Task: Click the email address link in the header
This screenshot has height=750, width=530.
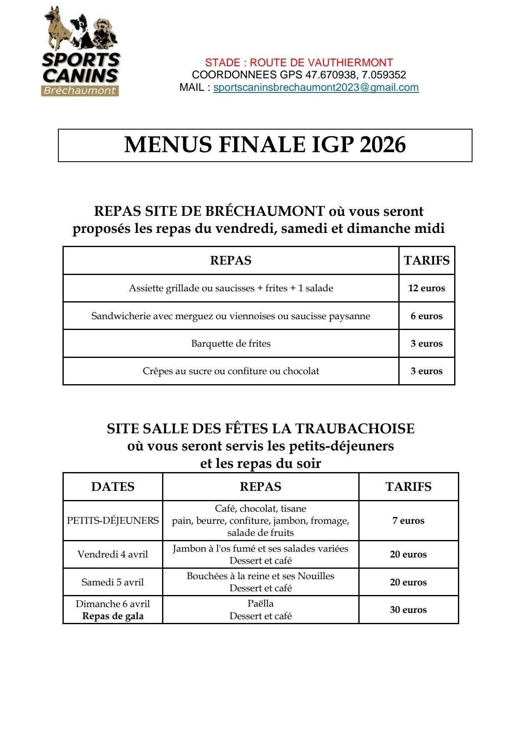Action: [x=316, y=87]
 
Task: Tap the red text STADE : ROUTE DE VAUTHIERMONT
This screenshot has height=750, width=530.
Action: [x=299, y=62]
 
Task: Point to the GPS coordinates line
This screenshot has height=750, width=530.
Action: [x=299, y=75]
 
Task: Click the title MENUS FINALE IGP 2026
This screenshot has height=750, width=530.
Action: [x=265, y=145]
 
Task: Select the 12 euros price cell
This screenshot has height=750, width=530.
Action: [x=426, y=288]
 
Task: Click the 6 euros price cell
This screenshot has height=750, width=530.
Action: [x=426, y=316]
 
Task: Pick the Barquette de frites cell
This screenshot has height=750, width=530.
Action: [x=231, y=343]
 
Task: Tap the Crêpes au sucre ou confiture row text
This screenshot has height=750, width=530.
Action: [x=231, y=371]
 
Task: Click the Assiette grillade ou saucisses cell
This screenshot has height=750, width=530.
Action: [x=231, y=288]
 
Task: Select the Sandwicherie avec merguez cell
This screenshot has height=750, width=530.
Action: [x=231, y=316]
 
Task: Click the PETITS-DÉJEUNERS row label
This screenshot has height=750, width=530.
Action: [x=113, y=520]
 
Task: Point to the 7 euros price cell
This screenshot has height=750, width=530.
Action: [x=408, y=520]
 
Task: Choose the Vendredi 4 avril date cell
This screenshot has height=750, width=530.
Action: [x=113, y=554]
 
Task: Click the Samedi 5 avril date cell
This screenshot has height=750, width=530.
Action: [x=113, y=582]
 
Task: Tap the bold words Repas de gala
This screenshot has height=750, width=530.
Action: [x=113, y=616]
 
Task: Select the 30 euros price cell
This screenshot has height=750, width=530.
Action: [x=408, y=610]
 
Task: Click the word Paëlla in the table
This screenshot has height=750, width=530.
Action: [x=260, y=603]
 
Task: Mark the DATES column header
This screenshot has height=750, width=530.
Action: [x=113, y=487]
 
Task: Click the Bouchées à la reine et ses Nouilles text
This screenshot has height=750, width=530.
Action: [x=260, y=576]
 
